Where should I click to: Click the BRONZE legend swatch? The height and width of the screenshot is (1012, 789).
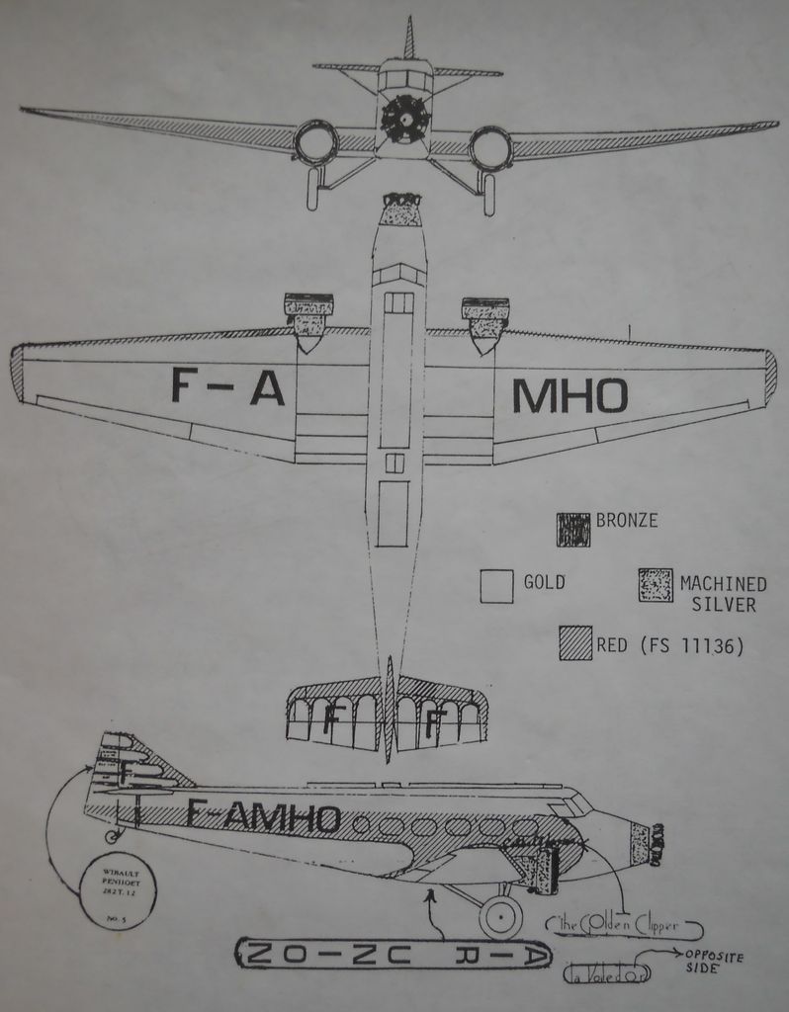[573, 529]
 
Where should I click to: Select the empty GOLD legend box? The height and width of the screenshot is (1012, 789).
[496, 585]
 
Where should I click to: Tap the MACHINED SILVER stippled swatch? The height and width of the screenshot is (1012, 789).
[656, 585]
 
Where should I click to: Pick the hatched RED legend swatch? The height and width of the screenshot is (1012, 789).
[574, 643]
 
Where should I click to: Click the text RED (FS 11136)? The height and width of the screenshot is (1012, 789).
[669, 646]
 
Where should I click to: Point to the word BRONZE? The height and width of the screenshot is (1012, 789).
[627, 520]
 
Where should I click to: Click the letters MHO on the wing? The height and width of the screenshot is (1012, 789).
[569, 396]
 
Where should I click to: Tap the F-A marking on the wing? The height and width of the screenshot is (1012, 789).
[227, 385]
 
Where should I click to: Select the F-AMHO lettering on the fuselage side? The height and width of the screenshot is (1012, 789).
[263, 815]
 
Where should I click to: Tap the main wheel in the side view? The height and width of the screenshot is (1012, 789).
[500, 917]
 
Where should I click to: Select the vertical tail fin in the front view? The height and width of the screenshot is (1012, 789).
[408, 39]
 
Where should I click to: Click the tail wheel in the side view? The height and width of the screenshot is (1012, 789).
[110, 836]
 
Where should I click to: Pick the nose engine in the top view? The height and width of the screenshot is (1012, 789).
[401, 210]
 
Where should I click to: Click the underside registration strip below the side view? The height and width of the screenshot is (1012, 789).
[393, 954]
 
